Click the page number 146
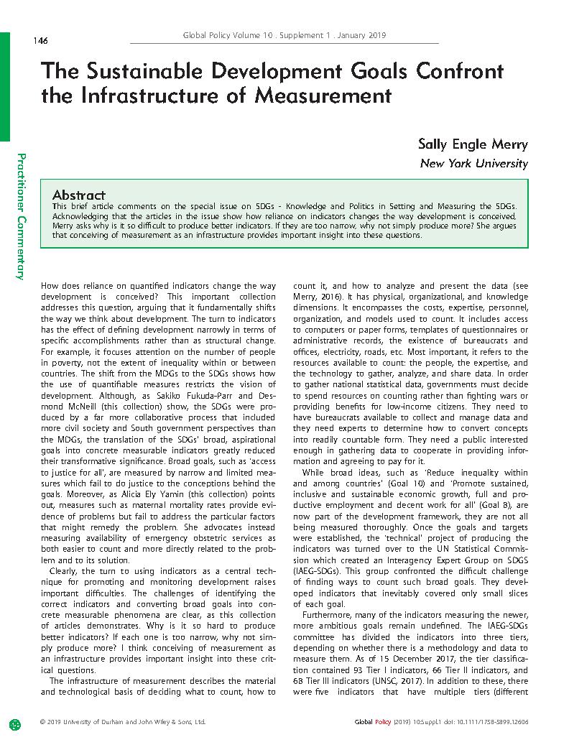tap(40, 41)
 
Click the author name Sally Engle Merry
tap(473, 144)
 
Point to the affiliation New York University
tap(473, 164)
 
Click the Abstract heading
tap(79, 195)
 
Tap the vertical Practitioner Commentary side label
tap(22, 216)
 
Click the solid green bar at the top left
tap(5, 86)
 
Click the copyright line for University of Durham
tap(123, 721)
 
